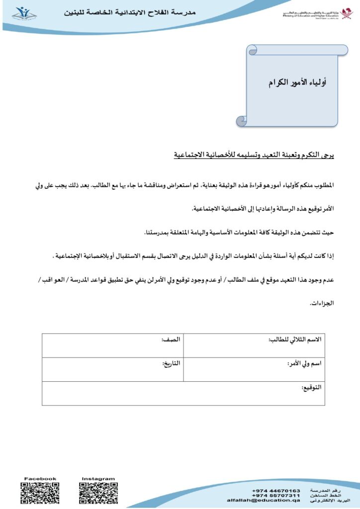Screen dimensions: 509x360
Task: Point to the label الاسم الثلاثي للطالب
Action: point(295,339)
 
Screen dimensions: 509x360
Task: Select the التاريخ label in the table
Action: point(171,364)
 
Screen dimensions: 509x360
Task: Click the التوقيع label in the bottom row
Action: point(312,387)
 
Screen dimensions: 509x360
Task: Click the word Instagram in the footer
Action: point(97,479)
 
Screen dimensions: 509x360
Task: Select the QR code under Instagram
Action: point(97,494)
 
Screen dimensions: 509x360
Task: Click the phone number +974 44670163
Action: point(276,491)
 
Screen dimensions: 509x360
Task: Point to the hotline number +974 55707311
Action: point(276,496)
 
